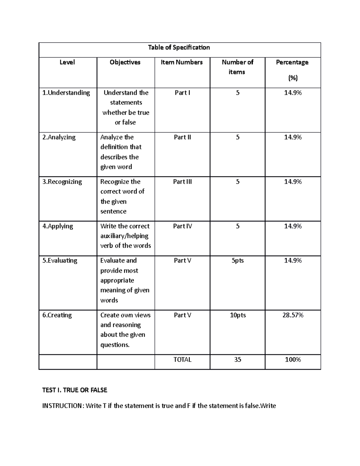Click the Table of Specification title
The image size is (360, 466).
tap(179, 47)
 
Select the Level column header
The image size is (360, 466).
tap(67, 62)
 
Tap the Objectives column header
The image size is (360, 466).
tap(125, 62)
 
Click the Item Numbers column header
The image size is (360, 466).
tap(182, 62)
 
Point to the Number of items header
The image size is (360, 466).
tap(237, 67)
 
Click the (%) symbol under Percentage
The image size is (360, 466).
tap(293, 78)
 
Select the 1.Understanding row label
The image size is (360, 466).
tap(66, 93)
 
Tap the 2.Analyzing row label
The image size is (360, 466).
tap(59, 137)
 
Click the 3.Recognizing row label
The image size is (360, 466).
tap(62, 182)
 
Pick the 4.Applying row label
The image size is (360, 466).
tap(58, 226)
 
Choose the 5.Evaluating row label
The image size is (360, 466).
tap(60, 260)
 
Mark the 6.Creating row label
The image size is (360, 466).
tap(57, 315)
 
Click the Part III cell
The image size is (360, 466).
tap(182, 182)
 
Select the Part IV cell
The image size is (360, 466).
tap(182, 226)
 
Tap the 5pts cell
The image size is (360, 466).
tap(238, 260)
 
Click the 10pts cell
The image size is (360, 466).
tap(238, 315)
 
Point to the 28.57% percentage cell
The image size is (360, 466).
tap(293, 315)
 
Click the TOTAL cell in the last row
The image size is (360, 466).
tap(182, 359)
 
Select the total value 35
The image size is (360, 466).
tap(238, 359)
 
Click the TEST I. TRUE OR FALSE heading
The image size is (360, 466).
tap(75, 390)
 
